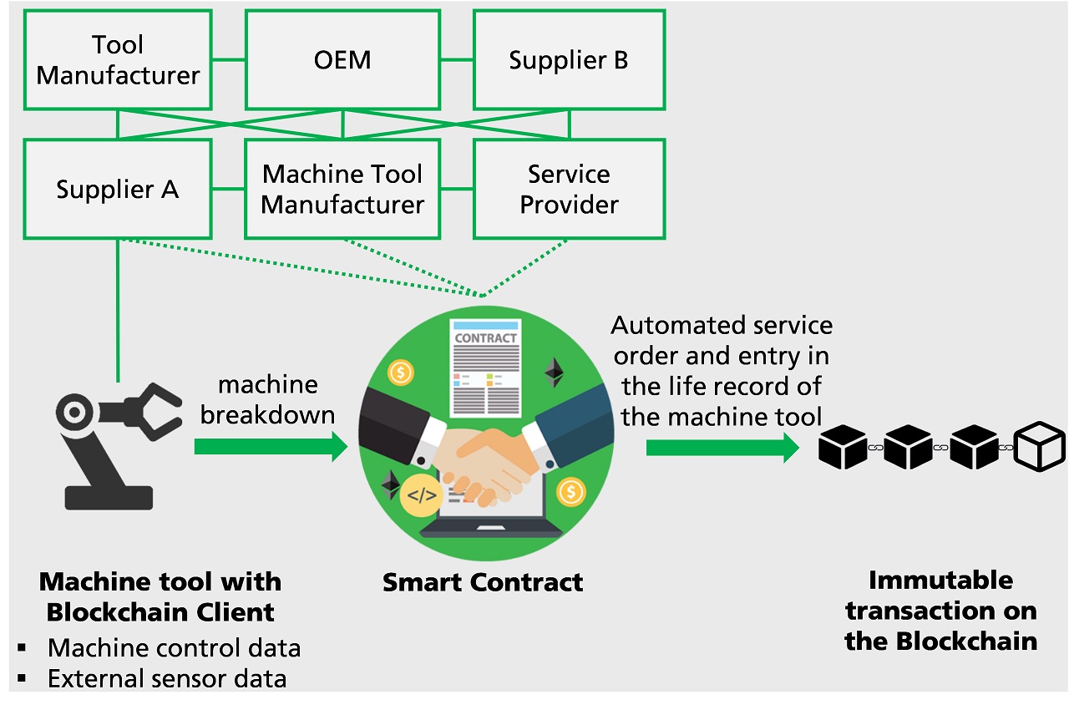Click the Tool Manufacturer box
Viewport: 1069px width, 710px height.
coord(118,60)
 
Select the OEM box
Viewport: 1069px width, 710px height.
coord(342,60)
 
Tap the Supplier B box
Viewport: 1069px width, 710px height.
coord(569,60)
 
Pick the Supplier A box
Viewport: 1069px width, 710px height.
coord(118,189)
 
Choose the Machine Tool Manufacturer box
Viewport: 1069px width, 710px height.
coord(342,189)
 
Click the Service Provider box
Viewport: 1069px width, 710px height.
coord(569,189)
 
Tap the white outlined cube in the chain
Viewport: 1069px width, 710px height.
coord(1039,446)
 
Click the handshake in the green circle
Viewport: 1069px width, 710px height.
coord(484,459)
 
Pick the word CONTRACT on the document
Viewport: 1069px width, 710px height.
coord(485,338)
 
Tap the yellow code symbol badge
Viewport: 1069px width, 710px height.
coord(421,495)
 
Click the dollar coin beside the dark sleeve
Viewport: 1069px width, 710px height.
coord(402,373)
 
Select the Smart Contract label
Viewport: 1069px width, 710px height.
coord(483,582)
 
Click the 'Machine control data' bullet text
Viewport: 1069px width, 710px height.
coord(174,647)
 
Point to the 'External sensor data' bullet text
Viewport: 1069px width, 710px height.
coord(167,679)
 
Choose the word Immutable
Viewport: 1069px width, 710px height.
coord(940,581)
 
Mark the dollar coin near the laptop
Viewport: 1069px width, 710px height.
coord(571,491)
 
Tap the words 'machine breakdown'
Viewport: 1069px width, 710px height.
coord(267,399)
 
